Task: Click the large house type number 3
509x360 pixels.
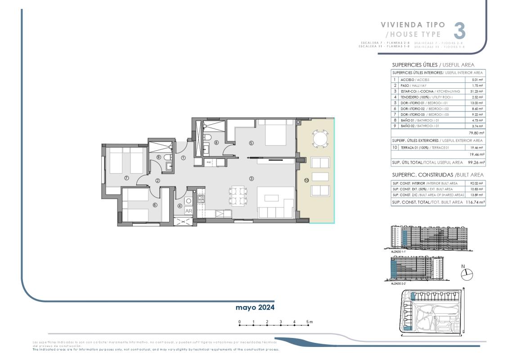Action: (x=459, y=31)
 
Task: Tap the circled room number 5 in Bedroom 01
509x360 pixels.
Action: (x=251, y=143)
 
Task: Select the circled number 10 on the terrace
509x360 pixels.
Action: (x=306, y=180)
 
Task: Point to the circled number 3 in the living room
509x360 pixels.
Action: (x=251, y=178)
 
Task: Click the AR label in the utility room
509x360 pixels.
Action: (x=189, y=211)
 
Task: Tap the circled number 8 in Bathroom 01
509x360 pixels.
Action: (x=216, y=143)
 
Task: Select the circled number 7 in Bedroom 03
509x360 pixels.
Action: (x=126, y=178)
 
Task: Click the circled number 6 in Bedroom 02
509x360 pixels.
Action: (x=155, y=205)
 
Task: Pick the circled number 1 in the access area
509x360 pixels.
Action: (x=183, y=157)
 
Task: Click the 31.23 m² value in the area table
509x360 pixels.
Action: (x=477, y=91)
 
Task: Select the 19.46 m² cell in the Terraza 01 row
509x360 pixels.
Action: (x=477, y=148)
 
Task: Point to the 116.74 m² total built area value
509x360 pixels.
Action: (x=475, y=202)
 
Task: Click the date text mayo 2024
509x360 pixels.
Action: (x=255, y=307)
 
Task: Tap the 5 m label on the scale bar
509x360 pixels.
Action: (x=309, y=322)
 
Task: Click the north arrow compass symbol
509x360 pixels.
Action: (x=468, y=274)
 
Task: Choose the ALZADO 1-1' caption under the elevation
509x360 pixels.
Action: (x=399, y=252)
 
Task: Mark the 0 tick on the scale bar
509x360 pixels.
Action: (x=239, y=322)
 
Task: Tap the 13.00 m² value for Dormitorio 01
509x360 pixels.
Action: (x=477, y=103)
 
